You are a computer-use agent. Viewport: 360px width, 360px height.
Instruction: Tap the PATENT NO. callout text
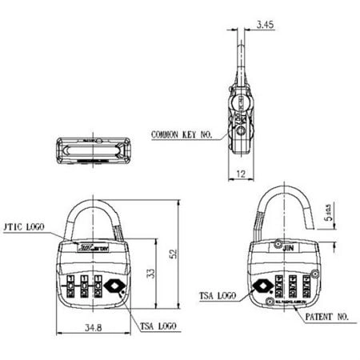329,317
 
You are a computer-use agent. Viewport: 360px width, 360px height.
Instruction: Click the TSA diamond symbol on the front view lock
113,285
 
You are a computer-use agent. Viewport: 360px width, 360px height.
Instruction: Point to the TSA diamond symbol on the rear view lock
264,285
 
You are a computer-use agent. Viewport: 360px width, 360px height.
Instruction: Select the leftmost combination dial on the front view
70,286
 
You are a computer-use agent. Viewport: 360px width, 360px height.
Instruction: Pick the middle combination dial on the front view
83,286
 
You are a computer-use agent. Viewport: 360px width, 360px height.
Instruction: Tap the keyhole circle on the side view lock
241,121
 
